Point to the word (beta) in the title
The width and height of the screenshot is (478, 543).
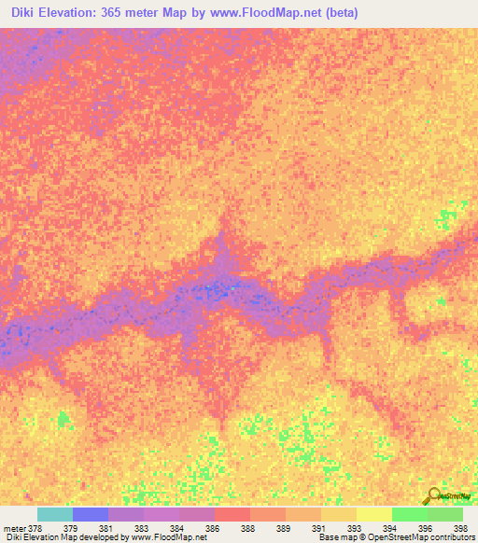point(339,14)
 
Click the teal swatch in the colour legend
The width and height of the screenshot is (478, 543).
point(55,514)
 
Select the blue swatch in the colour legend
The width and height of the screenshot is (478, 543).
point(91,514)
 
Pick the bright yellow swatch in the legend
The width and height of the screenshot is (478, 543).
point(373,514)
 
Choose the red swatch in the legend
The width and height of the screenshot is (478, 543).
point(232,514)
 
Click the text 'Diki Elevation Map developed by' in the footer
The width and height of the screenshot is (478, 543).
point(65,537)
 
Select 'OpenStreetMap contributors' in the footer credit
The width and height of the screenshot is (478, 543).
point(426,537)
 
